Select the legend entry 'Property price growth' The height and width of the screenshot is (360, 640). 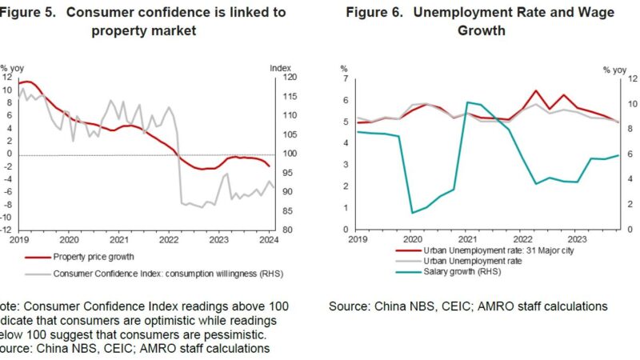(94, 257)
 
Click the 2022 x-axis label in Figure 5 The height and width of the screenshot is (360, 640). (169, 239)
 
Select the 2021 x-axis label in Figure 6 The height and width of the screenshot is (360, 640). (466, 239)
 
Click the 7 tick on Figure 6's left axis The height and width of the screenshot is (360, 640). (345, 78)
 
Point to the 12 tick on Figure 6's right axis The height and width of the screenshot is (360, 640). (610, 78)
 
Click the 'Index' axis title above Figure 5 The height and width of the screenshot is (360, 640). (280, 67)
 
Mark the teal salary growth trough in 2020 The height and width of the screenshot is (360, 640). (413, 213)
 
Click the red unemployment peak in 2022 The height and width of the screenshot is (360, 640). (535, 90)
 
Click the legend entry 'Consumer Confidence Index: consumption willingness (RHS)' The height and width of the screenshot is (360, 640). (168, 274)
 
